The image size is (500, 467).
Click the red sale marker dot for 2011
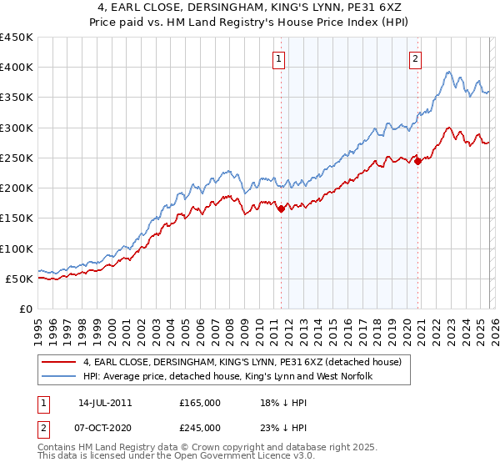tap(281, 209)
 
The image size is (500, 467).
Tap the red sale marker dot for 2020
tap(417, 162)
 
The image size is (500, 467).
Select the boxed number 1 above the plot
tap(278, 58)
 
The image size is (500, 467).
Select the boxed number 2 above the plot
tap(415, 58)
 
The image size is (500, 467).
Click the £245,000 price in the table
tap(200, 428)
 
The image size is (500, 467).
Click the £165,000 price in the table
tap(200, 403)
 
